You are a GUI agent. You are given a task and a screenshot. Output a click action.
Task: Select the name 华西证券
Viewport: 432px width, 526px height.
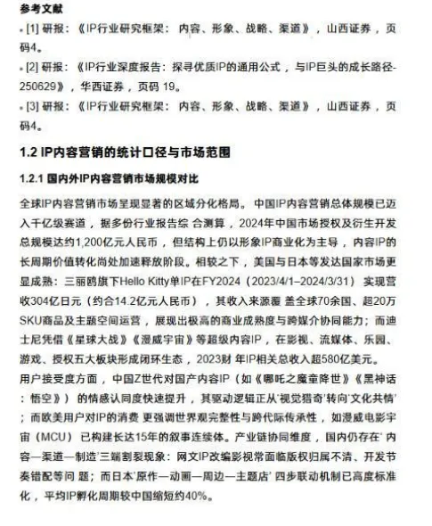[108, 86]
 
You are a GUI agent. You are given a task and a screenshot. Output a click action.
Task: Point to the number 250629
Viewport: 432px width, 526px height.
[37, 86]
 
